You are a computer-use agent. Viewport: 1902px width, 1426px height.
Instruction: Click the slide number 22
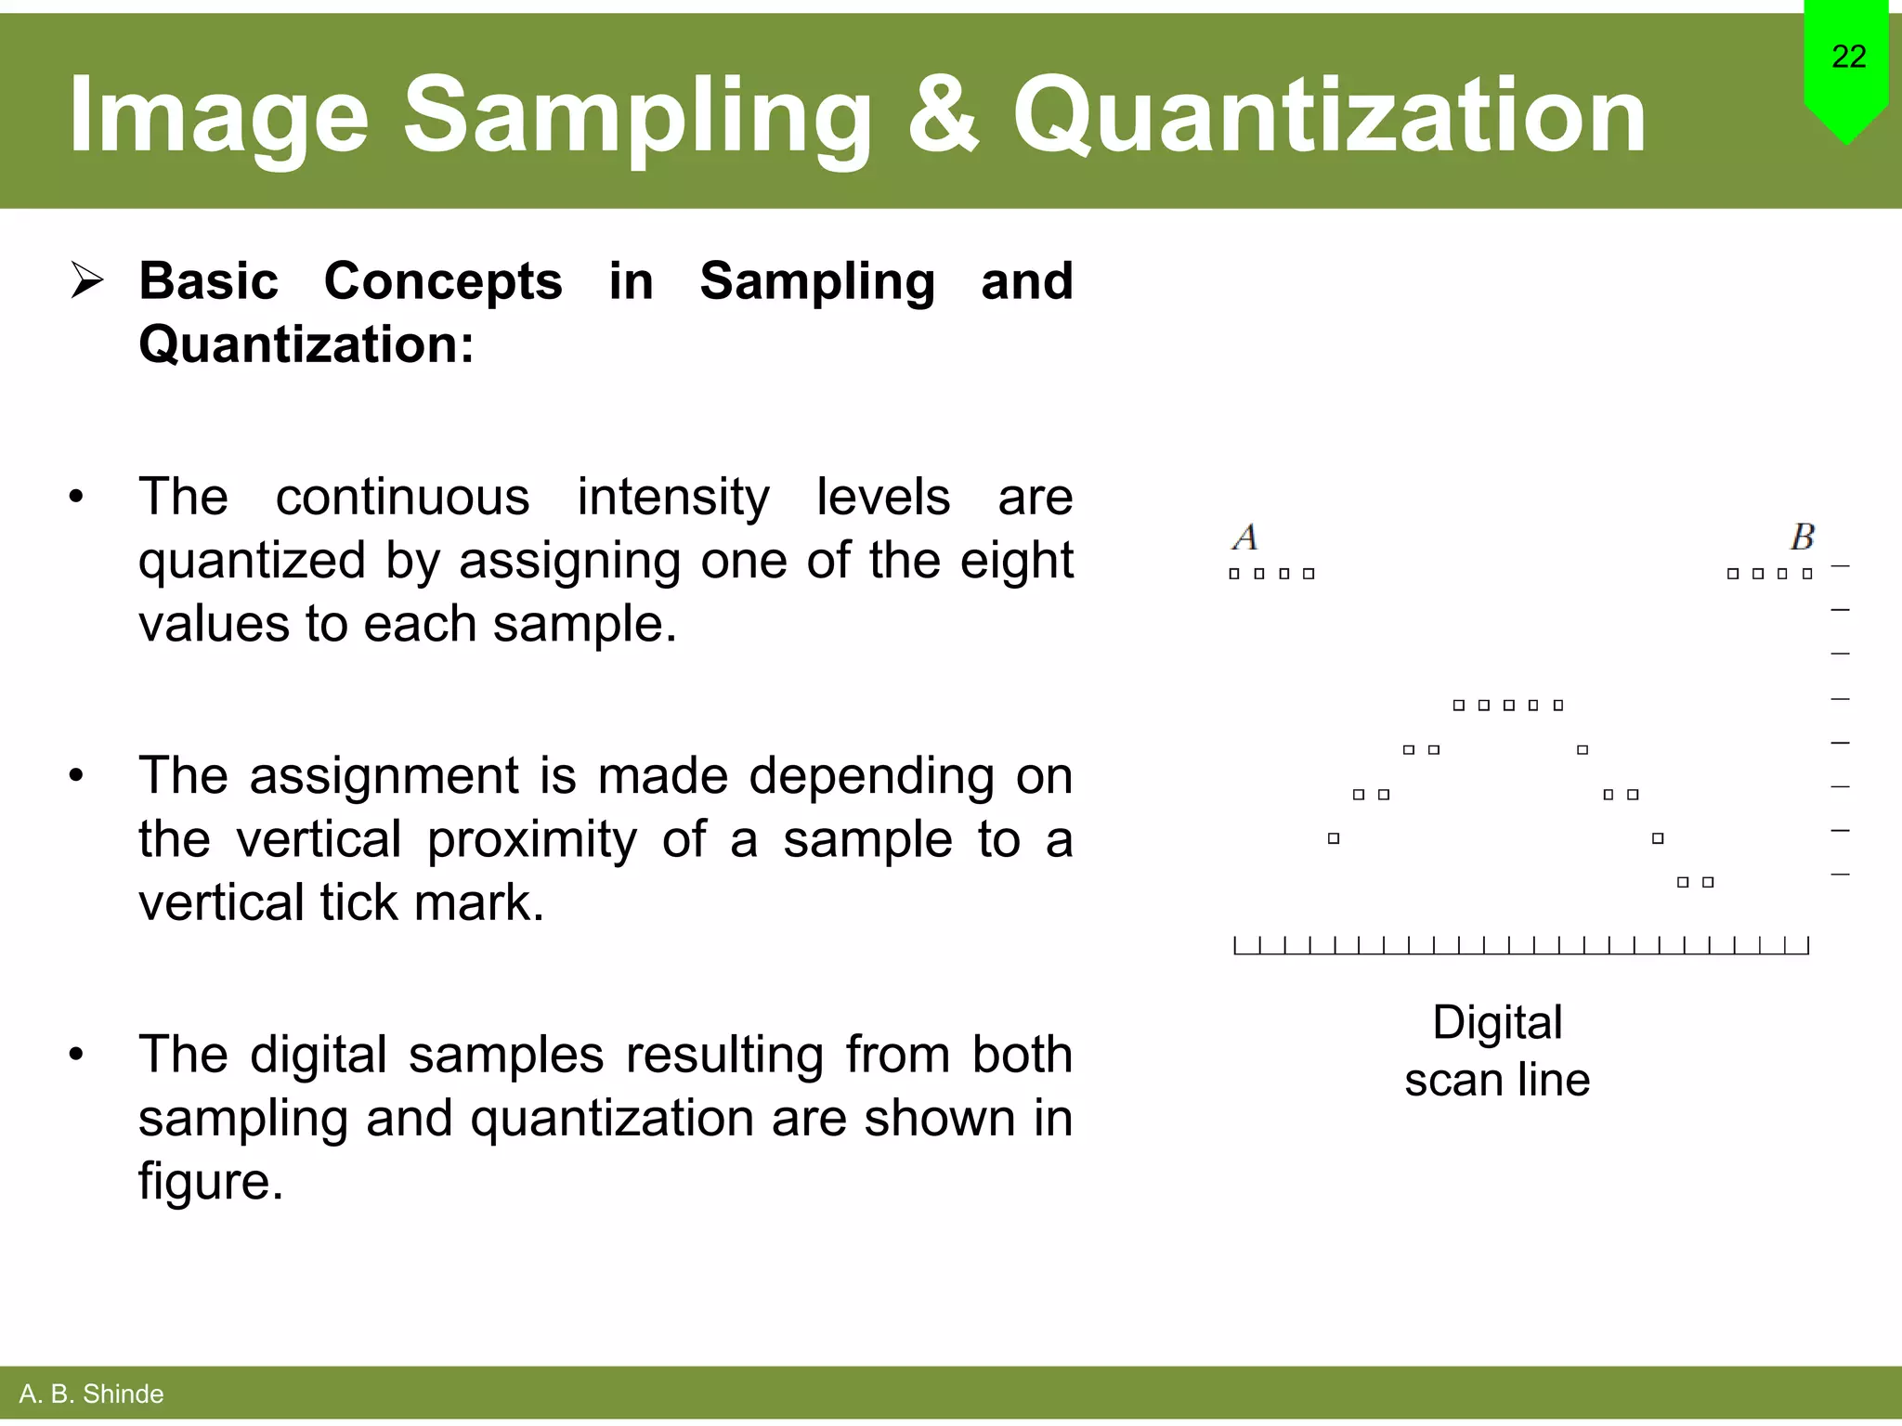[x=1848, y=57]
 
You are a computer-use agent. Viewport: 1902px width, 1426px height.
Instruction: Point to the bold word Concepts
[x=442, y=280]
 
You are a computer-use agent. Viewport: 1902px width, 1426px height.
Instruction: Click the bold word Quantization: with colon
[x=306, y=344]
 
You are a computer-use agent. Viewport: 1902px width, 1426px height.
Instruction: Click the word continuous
[x=402, y=497]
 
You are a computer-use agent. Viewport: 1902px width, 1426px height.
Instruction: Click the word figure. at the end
[x=211, y=1182]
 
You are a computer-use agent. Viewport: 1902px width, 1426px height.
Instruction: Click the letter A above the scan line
[x=1245, y=537]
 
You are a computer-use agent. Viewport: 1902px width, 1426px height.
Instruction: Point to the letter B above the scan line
[x=1802, y=537]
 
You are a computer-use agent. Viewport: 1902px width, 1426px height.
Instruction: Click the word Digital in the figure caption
[x=1497, y=1022]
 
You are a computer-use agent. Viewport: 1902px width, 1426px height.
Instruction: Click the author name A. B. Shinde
[x=91, y=1394]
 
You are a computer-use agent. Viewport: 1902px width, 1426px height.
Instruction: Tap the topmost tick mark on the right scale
[x=1840, y=565]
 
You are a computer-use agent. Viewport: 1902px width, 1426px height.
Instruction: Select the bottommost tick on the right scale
[x=1840, y=875]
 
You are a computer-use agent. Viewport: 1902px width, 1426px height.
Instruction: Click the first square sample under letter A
[x=1234, y=574]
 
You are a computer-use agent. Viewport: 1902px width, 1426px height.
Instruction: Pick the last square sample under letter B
[x=1807, y=574]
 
